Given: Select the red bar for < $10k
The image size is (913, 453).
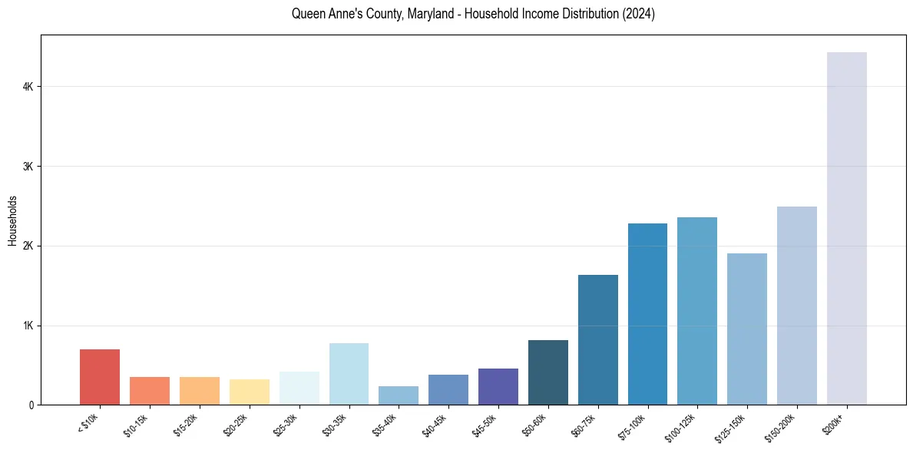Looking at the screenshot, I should coord(100,377).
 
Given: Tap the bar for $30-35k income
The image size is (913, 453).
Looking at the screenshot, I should coord(349,374).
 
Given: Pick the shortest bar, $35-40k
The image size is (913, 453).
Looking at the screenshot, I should coord(399,395).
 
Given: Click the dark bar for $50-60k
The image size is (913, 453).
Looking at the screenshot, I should coord(548,372).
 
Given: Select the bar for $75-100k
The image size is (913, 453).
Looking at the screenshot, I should coord(647,314).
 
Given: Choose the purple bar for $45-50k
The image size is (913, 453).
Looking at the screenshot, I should coord(498,387).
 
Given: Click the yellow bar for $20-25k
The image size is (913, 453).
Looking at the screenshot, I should coord(250,392).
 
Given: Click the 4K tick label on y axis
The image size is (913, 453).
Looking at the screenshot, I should coord(28,87).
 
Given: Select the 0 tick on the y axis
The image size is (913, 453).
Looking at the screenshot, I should coord(31,405).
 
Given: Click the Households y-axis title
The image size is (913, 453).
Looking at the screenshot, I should coord(12,220).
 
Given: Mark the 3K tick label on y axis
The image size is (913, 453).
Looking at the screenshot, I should coord(28,167).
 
